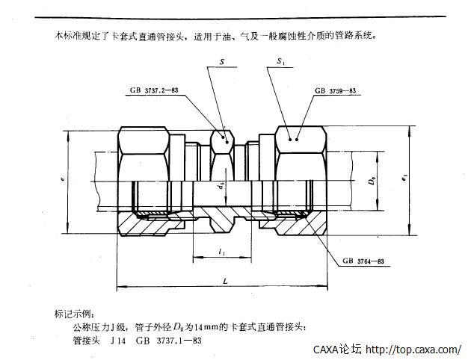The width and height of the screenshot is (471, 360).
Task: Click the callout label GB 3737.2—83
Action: point(153,90)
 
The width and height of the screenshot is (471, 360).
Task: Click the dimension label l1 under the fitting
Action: point(221,252)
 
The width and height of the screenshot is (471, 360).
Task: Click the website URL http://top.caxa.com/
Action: point(416,349)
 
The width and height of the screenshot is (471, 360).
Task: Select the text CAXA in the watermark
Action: point(326,349)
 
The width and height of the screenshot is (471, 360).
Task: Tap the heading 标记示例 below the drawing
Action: point(76,314)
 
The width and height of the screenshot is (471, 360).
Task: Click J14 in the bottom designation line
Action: point(117,340)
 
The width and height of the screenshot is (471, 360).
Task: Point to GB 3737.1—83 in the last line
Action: point(167,340)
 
